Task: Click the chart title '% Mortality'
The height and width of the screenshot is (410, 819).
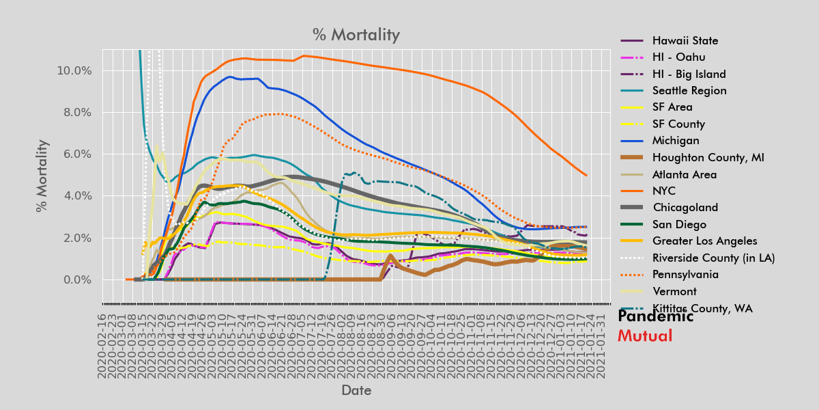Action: click(356, 35)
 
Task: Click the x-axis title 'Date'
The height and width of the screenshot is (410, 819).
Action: click(356, 390)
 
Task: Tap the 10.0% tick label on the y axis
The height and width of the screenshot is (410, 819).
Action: click(72, 71)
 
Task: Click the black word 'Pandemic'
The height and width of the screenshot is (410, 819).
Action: click(655, 316)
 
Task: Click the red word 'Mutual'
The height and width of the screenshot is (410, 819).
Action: click(644, 336)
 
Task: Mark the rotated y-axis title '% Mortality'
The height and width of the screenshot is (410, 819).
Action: click(42, 176)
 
